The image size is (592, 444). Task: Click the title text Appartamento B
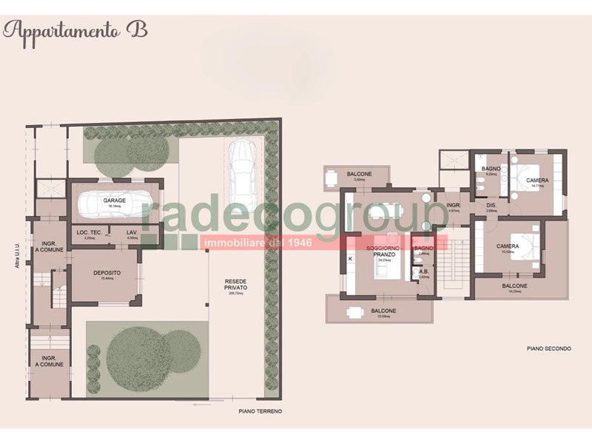point(75,30)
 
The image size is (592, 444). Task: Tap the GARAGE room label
point(114,201)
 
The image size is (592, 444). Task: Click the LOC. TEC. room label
point(89,232)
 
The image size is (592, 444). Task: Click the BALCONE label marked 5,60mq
point(359,174)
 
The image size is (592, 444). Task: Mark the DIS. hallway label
point(491,206)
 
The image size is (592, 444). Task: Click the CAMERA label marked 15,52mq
point(508,247)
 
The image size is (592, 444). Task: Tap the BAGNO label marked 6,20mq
point(491,169)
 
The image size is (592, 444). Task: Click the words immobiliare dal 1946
point(258,241)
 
